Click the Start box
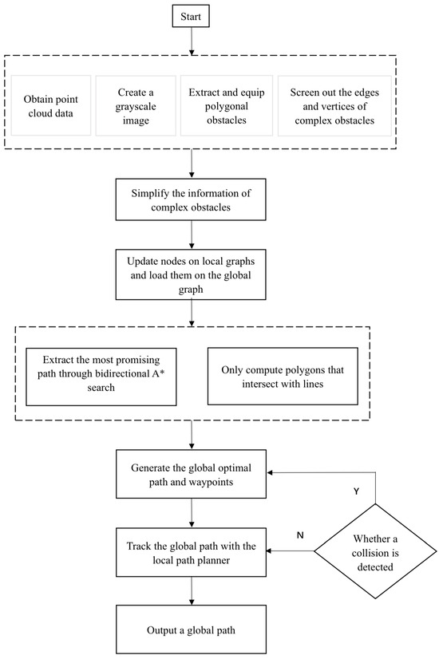coord(192,16)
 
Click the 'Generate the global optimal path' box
coord(192,474)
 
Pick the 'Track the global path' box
coord(192,551)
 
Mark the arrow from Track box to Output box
coord(192,590)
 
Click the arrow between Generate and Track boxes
coord(192,512)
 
